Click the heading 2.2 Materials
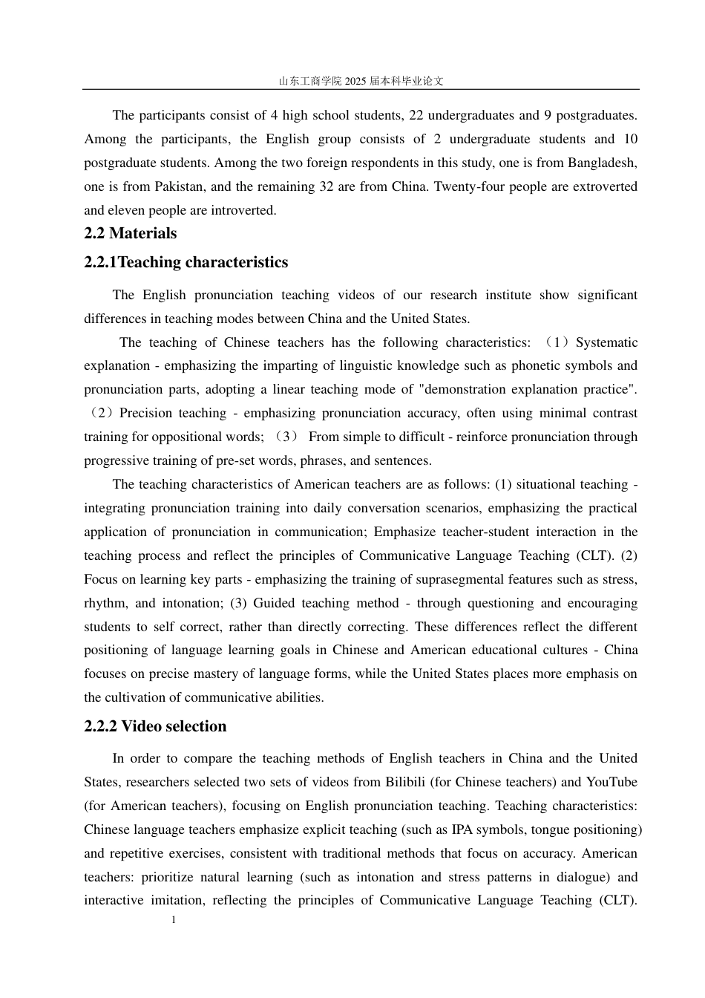pyautogui.click(x=130, y=233)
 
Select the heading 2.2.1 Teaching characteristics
pyautogui.click(x=186, y=262)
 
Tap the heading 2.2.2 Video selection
pyautogui.click(x=155, y=726)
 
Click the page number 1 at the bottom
pyautogui.click(x=174, y=921)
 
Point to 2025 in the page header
pyautogui.click(x=355, y=81)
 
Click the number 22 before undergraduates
pyautogui.click(x=416, y=115)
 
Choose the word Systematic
pyautogui.click(x=606, y=342)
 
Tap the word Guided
pyautogui.click(x=275, y=603)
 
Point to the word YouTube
pyautogui.click(x=611, y=782)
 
